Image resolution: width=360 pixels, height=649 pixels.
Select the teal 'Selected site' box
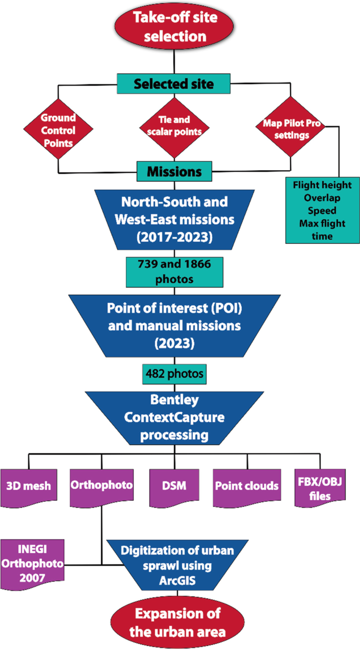174,84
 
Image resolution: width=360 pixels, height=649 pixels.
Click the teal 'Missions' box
174,172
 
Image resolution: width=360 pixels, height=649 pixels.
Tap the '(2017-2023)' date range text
174,236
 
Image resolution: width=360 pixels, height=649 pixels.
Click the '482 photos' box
174,374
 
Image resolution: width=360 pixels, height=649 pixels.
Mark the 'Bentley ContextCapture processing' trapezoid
174,417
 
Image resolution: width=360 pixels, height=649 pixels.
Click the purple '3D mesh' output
29,485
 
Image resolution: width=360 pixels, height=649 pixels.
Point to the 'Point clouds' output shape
246,485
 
